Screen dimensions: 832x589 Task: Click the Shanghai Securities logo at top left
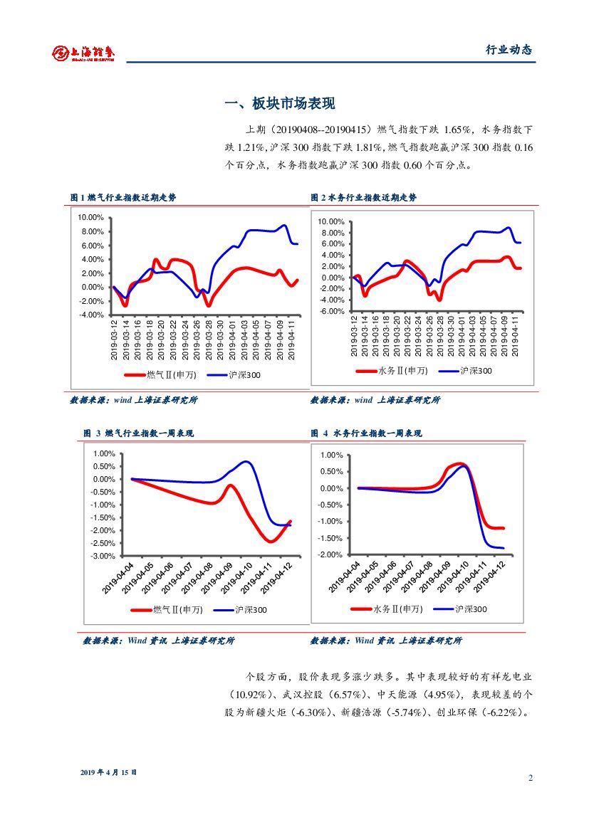83,52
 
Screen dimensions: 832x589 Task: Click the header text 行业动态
509,50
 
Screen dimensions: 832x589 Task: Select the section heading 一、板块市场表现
280,104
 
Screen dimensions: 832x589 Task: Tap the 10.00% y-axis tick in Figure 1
92,218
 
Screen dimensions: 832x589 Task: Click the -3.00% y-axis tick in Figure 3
104,556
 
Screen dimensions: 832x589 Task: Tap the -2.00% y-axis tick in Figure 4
332,554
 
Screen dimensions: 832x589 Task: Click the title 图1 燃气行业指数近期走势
123,198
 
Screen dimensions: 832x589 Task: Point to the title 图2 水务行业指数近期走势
363,198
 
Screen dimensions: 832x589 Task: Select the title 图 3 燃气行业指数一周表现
138,433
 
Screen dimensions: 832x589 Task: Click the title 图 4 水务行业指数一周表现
366,433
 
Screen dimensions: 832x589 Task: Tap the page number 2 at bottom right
530,777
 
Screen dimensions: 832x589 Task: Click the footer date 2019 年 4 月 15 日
108,772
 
